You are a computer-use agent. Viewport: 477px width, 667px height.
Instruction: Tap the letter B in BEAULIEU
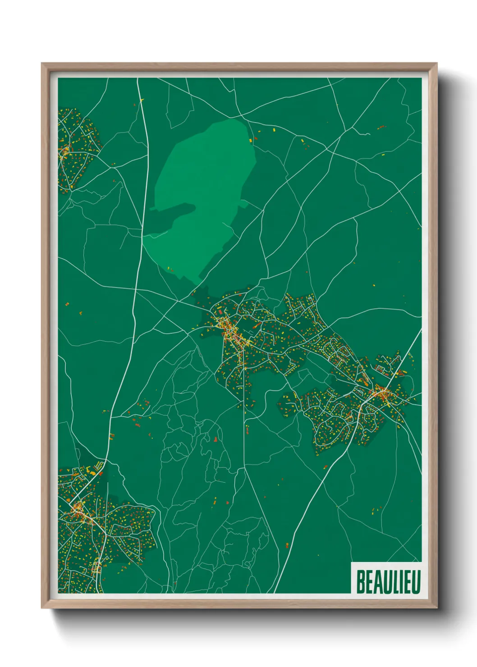[361, 582]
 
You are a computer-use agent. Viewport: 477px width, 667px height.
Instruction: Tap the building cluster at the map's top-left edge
[74, 149]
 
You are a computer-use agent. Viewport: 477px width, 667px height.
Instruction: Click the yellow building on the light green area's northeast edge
[251, 140]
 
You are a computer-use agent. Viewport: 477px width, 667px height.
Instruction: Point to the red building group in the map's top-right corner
[381, 128]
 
